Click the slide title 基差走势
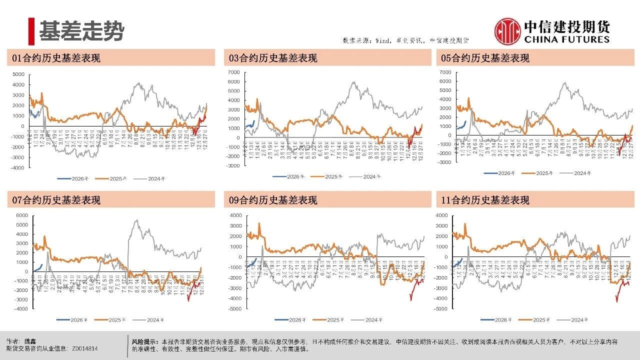(81, 31)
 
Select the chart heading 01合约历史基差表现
(56, 58)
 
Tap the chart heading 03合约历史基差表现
(273, 58)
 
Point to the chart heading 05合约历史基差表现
(485, 58)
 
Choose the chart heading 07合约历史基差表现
(56, 200)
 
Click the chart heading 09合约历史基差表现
(273, 200)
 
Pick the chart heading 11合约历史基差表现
(485, 200)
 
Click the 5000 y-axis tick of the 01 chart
(18, 74)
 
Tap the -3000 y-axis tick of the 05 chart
(445, 162)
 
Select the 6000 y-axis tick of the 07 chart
(21, 215)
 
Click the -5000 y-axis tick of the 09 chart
(234, 309)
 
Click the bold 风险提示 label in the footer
(142, 341)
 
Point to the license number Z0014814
(84, 348)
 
